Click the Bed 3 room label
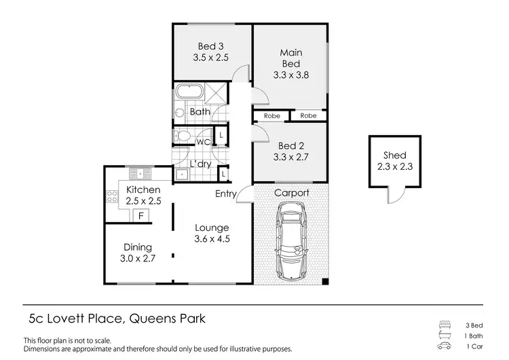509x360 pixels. (210, 47)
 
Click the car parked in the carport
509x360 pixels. (291, 242)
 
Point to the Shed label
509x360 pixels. (394, 155)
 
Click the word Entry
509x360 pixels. (226, 194)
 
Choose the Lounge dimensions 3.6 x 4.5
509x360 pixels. (212, 238)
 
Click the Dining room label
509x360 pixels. (138, 247)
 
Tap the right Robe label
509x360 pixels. (308, 116)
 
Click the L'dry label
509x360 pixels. (201, 164)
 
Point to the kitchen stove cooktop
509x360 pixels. (112, 198)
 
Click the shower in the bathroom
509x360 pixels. (217, 93)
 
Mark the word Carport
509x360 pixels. (291, 193)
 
